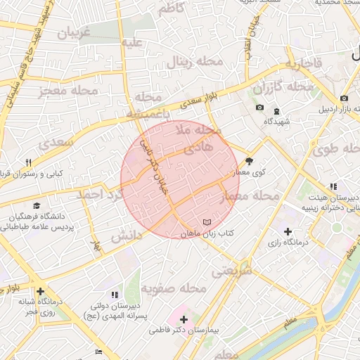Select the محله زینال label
[x=195, y=63]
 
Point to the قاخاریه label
[x=302, y=64]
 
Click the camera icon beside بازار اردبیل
[x=344, y=98]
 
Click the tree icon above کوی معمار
[x=249, y=160]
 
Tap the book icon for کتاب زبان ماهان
[x=206, y=222]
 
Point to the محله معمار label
[x=250, y=196]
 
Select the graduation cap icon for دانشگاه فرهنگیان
[x=35, y=205]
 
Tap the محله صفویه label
[x=172, y=288]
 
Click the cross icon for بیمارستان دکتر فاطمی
[x=184, y=319]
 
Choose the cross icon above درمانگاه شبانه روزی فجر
[x=41, y=290]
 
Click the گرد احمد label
[x=100, y=193]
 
